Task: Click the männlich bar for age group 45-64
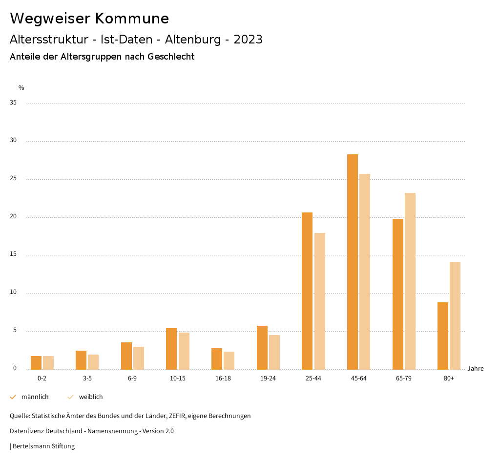[353, 262]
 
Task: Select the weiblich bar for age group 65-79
[410, 281]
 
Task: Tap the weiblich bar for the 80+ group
[455, 315]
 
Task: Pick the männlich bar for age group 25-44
[307, 291]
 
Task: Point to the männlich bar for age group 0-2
[36, 362]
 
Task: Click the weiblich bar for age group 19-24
[274, 352]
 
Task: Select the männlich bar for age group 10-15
[171, 349]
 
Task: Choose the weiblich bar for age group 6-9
[139, 358]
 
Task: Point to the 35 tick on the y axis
[13, 103]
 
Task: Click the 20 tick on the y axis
[13, 217]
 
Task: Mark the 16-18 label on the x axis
[223, 378]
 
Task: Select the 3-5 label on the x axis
[87, 378]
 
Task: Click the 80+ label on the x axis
[449, 378]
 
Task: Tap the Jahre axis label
[476, 369]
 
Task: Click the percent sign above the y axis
[21, 88]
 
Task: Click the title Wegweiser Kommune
[89, 19]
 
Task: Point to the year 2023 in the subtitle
[248, 40]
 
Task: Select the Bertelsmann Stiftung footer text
[43, 446]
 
